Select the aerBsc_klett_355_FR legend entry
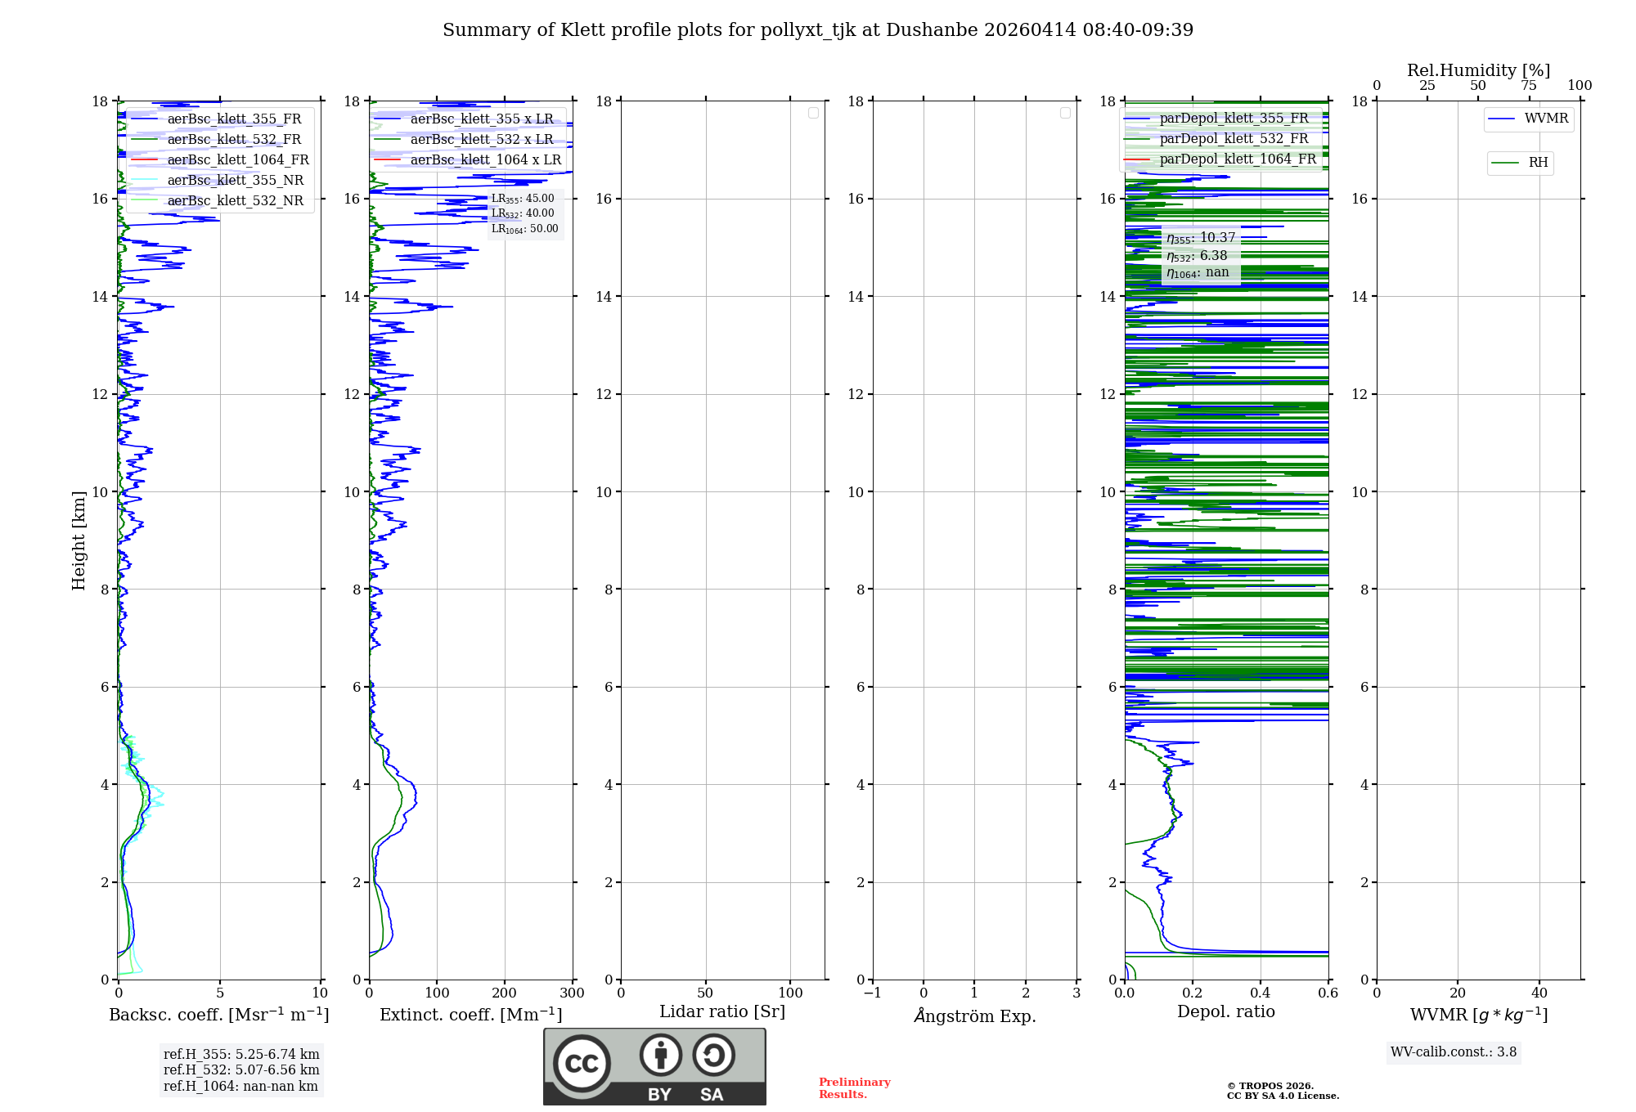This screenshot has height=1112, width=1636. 234,119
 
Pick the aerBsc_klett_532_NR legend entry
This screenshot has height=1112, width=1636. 235,200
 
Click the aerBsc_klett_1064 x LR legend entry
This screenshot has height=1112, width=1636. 485,159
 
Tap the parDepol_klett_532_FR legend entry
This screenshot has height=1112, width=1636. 1234,139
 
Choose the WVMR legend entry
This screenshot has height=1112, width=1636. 1546,119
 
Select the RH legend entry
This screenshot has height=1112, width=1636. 1538,163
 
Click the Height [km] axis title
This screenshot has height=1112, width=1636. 79,540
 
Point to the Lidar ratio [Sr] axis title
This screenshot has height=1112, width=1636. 721,1011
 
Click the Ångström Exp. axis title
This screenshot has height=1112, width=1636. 974,1016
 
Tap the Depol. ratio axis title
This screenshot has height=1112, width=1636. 1225,1011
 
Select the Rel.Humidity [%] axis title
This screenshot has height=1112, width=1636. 1478,70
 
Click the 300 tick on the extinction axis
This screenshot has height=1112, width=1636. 572,993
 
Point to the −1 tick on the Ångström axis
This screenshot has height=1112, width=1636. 872,993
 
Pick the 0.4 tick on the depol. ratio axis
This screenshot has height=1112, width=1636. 1260,993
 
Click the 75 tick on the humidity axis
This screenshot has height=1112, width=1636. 1528,85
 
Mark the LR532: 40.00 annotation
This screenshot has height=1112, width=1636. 523,213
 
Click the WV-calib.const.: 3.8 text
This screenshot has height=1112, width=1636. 1453,1052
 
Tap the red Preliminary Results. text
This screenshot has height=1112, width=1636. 854,1088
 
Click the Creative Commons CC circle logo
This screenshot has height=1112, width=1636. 582,1064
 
